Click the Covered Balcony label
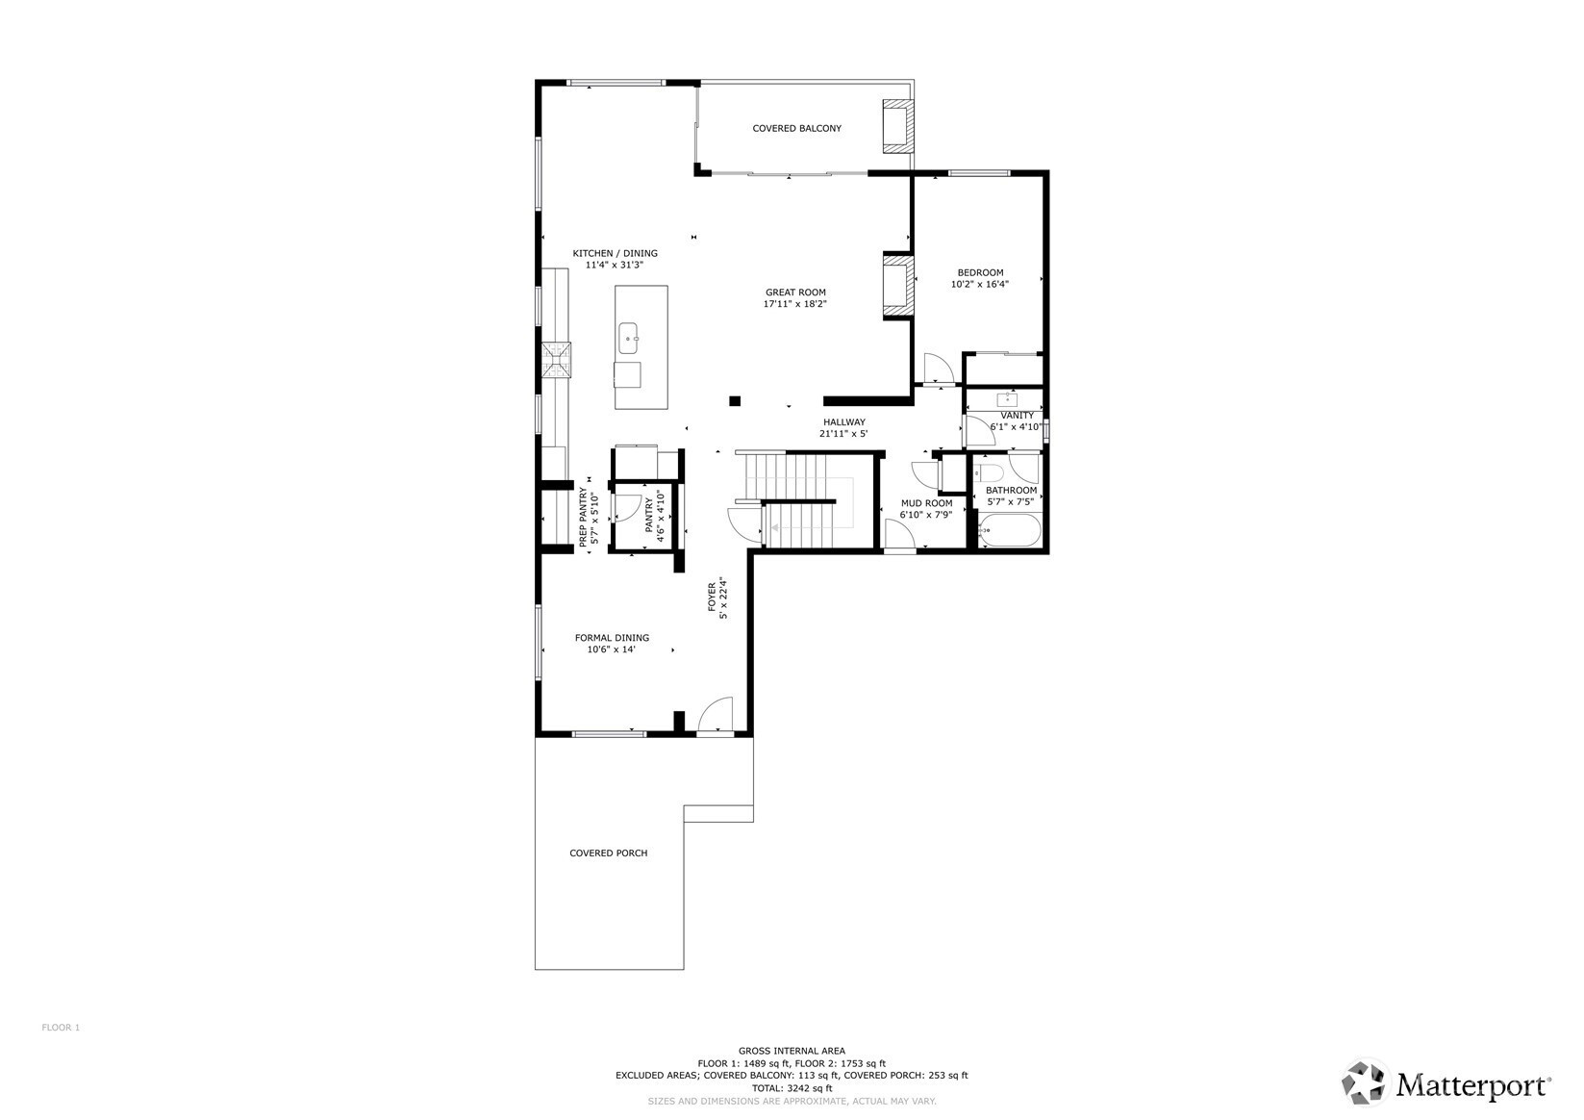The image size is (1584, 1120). click(797, 128)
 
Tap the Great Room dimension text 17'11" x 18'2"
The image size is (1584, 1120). click(794, 304)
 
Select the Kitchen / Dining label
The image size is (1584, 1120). click(615, 253)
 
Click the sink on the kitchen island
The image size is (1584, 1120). click(628, 338)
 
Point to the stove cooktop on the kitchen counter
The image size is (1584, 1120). click(557, 360)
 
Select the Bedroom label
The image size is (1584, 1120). click(980, 272)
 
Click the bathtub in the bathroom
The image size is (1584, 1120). click(1009, 529)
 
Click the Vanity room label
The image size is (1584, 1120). click(1017, 416)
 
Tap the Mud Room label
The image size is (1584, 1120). click(926, 503)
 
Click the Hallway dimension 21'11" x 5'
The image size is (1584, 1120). click(842, 434)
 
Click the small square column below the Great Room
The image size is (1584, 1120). click(735, 401)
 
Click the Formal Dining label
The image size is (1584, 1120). click(612, 638)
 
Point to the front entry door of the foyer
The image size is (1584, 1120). click(715, 715)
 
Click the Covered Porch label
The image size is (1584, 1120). click(608, 853)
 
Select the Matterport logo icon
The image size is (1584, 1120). click(1365, 1082)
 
